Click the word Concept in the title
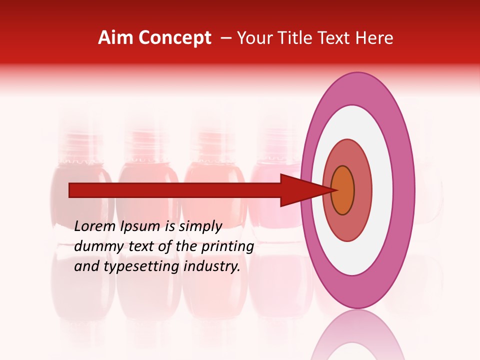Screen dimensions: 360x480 [174, 38]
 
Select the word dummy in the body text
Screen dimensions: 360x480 [95, 246]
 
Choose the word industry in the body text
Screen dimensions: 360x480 [212, 266]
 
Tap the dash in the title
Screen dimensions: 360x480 [225, 38]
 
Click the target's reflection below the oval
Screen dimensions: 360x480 [357, 335]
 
